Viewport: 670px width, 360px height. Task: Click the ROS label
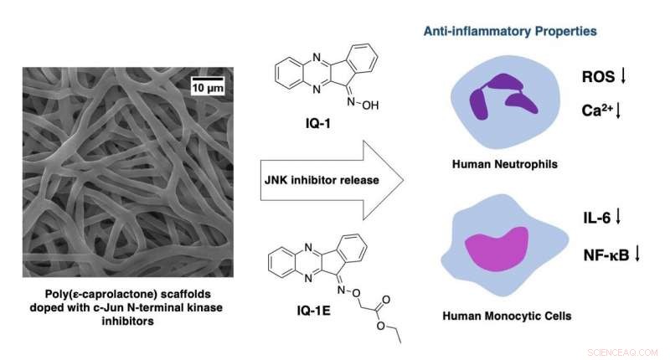[x=598, y=77]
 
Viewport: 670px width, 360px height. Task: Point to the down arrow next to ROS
[x=623, y=77]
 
